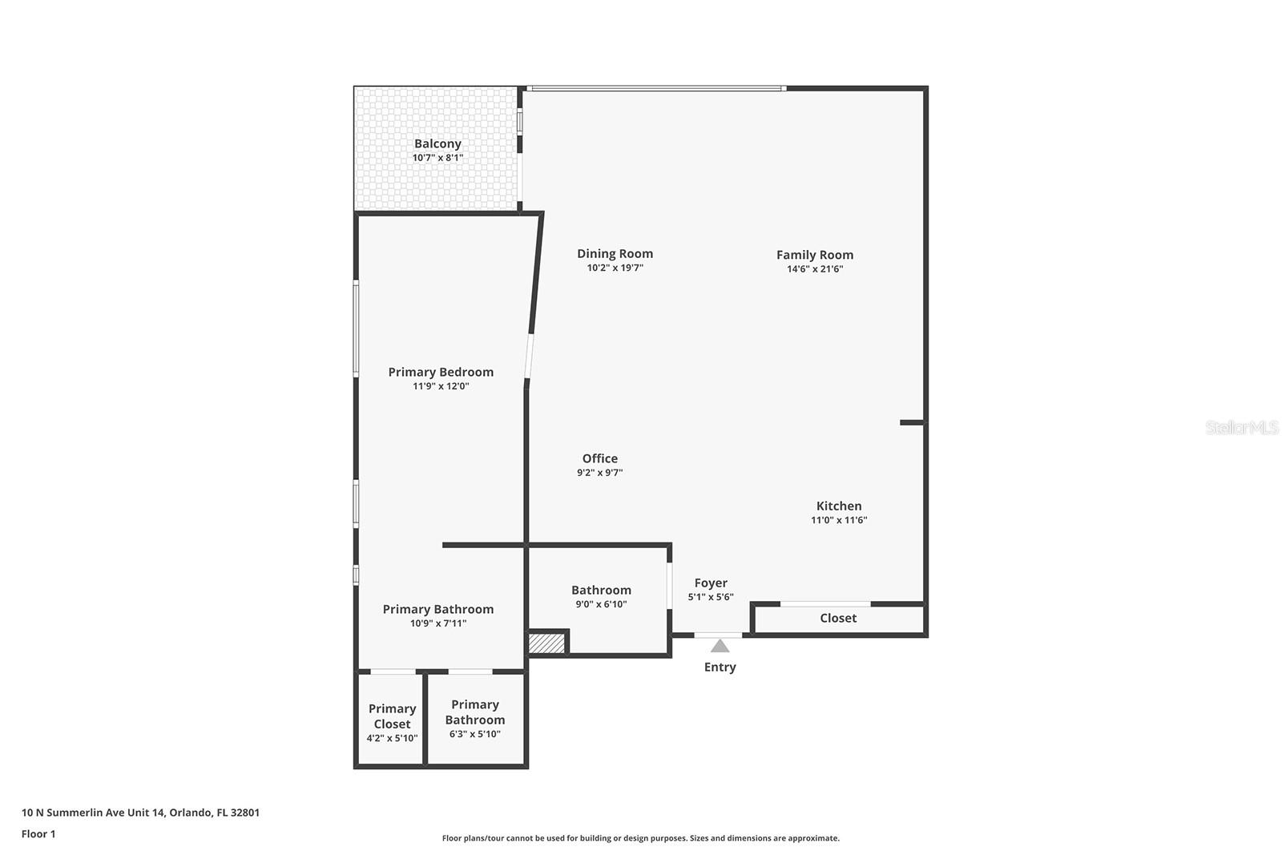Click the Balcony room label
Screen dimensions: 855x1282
pos(437,144)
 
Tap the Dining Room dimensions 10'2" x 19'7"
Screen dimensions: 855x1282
pos(615,268)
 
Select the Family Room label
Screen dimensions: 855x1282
pos(814,255)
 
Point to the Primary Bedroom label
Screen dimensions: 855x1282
pos(441,372)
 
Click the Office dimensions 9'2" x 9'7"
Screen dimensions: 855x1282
pos(599,473)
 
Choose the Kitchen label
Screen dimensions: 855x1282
pos(839,506)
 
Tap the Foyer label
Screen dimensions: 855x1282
pos(711,583)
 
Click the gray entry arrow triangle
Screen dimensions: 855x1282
pos(720,646)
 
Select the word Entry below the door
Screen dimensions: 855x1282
pos(720,667)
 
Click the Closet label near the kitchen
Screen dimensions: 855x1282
pos(838,619)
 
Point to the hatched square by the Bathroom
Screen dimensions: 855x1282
pos(547,643)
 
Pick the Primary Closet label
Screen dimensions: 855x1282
pos(392,716)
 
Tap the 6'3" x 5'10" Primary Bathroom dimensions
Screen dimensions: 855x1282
pos(474,734)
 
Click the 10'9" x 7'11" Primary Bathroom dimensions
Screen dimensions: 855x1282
pos(437,623)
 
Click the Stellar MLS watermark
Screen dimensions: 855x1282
pos(1241,428)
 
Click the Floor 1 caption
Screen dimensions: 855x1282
pos(38,834)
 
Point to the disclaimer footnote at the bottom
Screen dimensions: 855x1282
pos(640,838)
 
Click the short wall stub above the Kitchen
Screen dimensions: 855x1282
pos(912,422)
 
